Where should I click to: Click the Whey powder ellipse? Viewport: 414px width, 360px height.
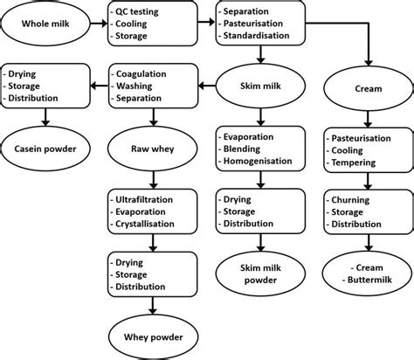tap(152, 335)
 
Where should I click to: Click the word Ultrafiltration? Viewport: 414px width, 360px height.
tap(153, 198)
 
